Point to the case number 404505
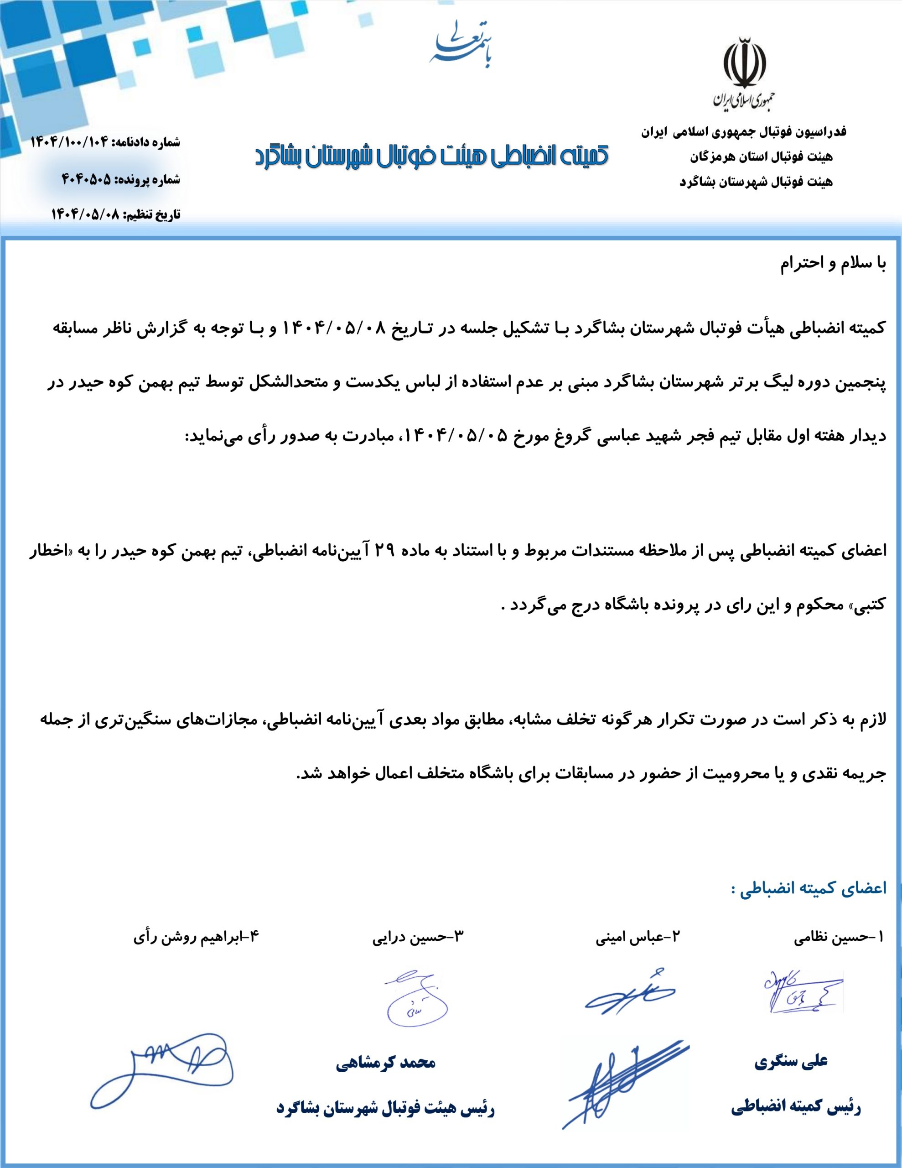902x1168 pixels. tap(87, 180)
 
